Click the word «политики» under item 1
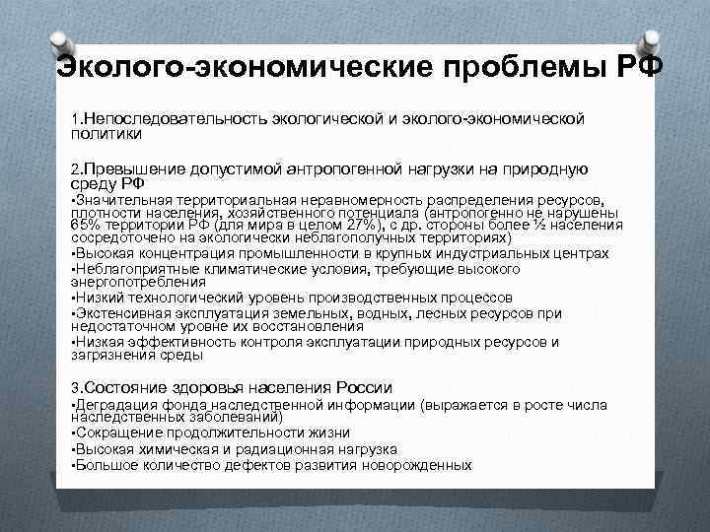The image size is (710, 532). pos(106,132)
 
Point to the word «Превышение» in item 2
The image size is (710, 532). pos(135,169)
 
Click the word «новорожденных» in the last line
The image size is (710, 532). pos(413,465)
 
